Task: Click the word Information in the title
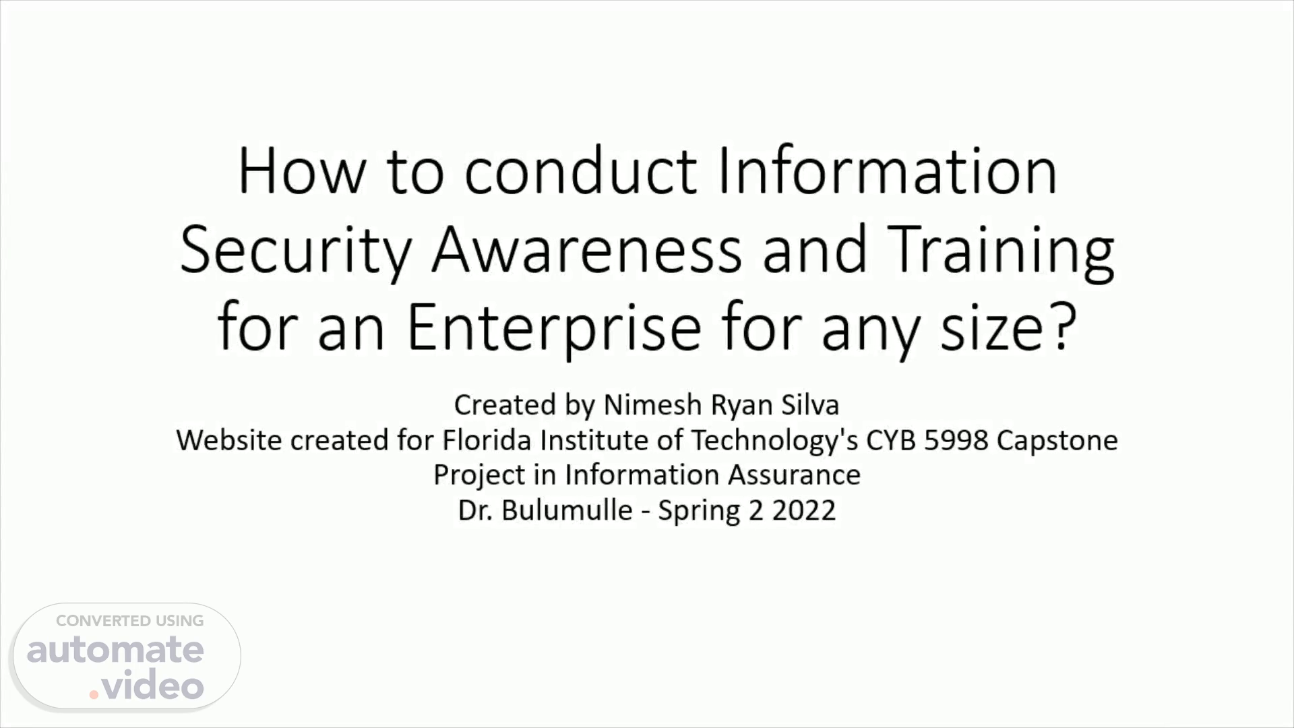pyautogui.click(x=887, y=172)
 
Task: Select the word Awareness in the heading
pyautogui.click(x=587, y=250)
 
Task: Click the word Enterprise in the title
pyautogui.click(x=554, y=328)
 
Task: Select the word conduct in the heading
pyautogui.click(x=580, y=172)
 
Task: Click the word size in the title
pyautogui.click(x=993, y=328)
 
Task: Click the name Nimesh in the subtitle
pyautogui.click(x=653, y=405)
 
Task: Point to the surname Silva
pyautogui.click(x=810, y=405)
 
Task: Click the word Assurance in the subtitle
pyautogui.click(x=794, y=475)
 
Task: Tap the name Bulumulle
pyautogui.click(x=567, y=510)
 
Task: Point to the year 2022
pyautogui.click(x=804, y=510)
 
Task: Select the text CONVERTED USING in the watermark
pyautogui.click(x=130, y=621)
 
